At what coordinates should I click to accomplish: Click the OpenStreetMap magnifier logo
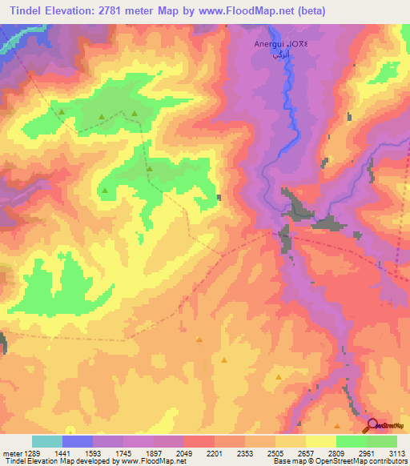(372, 426)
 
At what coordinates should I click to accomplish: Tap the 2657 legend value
(304, 453)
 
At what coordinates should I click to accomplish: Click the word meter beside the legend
(10, 453)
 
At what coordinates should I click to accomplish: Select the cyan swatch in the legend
(46, 441)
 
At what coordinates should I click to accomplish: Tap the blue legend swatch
(77, 441)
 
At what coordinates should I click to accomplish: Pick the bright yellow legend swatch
(320, 441)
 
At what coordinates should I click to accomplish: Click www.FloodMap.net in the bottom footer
(154, 461)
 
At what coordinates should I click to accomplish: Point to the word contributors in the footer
(385, 461)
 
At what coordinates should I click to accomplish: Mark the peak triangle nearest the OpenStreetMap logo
(337, 426)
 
